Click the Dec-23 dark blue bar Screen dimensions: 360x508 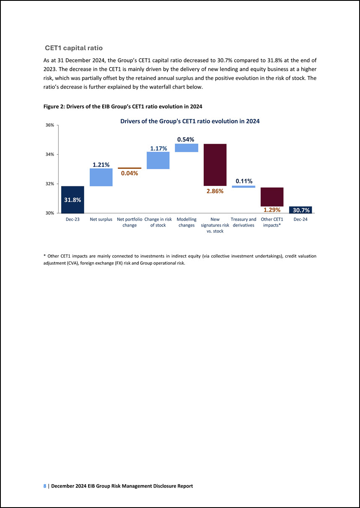[73, 200]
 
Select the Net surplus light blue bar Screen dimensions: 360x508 [101, 177]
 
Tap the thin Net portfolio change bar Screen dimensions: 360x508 [129, 168]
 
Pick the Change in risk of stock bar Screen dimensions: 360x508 [158, 160]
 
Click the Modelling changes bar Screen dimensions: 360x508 [186, 148]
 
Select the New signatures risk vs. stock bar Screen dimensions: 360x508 [215, 165]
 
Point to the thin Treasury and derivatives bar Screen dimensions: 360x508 [243, 187]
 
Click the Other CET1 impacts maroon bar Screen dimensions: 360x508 [272, 197]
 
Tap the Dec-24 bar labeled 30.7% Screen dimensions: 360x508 [300, 210]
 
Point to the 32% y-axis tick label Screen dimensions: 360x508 [50, 184]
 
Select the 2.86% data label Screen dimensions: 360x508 [215, 191]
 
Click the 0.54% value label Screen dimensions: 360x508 [186, 139]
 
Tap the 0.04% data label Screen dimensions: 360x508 [129, 173]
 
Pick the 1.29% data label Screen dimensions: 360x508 [272, 210]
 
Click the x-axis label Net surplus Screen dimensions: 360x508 [101, 219]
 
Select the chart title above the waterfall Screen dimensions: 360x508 [190, 121]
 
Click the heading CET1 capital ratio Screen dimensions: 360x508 [74, 48]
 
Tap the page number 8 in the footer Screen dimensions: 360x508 [45, 486]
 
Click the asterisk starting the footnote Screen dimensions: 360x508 [44, 255]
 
